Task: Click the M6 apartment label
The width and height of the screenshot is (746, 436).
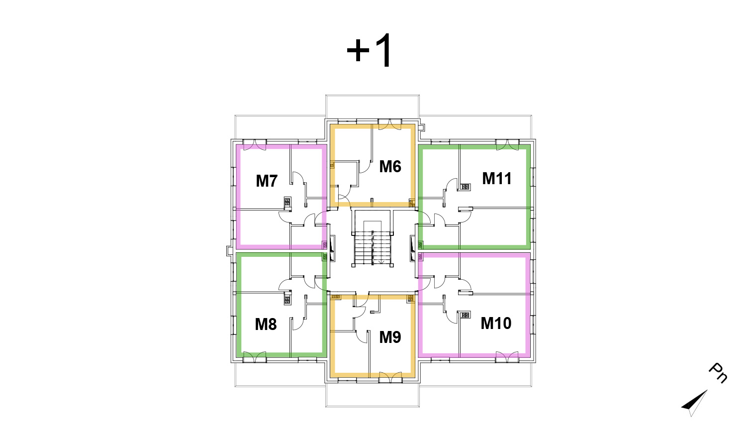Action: coord(390,166)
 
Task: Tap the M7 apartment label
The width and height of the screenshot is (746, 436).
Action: coord(267,181)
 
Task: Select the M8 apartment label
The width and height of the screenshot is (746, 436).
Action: coord(266,324)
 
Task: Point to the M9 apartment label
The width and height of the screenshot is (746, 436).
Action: coord(390,337)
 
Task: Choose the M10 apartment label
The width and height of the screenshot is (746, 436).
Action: coord(496,323)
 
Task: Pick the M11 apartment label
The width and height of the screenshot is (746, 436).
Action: coord(496,178)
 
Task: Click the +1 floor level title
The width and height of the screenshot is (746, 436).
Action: coord(370,50)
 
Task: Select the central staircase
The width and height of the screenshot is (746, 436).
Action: coord(373,243)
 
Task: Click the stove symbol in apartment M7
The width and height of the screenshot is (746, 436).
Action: coord(287,202)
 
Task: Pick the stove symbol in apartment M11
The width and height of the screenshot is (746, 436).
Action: coord(465,187)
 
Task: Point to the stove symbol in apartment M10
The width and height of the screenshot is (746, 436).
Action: coord(465,315)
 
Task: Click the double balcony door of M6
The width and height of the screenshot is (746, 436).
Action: coord(390,124)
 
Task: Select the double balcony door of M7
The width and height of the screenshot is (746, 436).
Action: coord(255,145)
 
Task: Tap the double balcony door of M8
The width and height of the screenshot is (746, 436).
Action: coord(255,357)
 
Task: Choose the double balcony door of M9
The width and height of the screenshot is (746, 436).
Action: coord(390,377)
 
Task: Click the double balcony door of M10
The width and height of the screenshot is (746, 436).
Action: coord(507,357)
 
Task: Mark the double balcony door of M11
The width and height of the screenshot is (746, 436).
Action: coord(507,145)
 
